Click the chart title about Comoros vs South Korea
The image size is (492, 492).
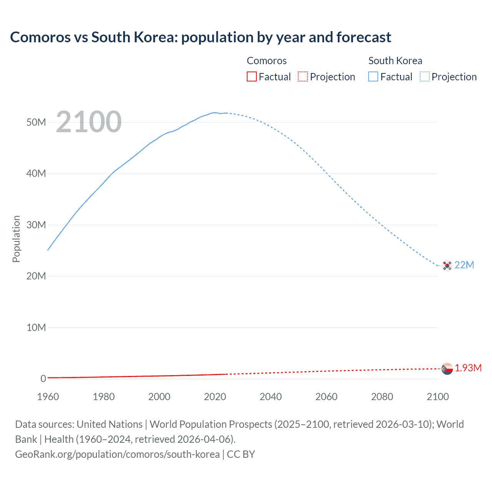tap(200, 37)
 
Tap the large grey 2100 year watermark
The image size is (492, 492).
tap(89, 122)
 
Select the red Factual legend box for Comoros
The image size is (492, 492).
tap(251, 77)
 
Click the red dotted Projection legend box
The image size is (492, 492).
tap(303, 77)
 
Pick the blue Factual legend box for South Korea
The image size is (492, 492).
tap(373, 77)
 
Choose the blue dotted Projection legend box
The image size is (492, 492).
tap(424, 77)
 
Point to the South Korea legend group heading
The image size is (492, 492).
tap(395, 61)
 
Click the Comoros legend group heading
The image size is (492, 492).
tap(266, 61)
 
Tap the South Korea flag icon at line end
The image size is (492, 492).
tap(447, 265)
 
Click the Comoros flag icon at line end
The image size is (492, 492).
tap(447, 369)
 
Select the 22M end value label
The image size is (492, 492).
tap(464, 265)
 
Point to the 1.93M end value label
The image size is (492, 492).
tap(468, 368)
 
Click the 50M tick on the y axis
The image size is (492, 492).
tap(36, 122)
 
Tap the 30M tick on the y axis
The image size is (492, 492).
tap(36, 225)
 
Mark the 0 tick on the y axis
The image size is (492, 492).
tap(43, 379)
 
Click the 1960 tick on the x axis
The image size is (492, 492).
tap(48, 397)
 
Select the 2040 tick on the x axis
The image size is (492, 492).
tap(271, 397)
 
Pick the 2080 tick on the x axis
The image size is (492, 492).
tap(382, 397)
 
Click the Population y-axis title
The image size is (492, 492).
tap(16, 239)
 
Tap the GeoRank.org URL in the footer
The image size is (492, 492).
tap(117, 454)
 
